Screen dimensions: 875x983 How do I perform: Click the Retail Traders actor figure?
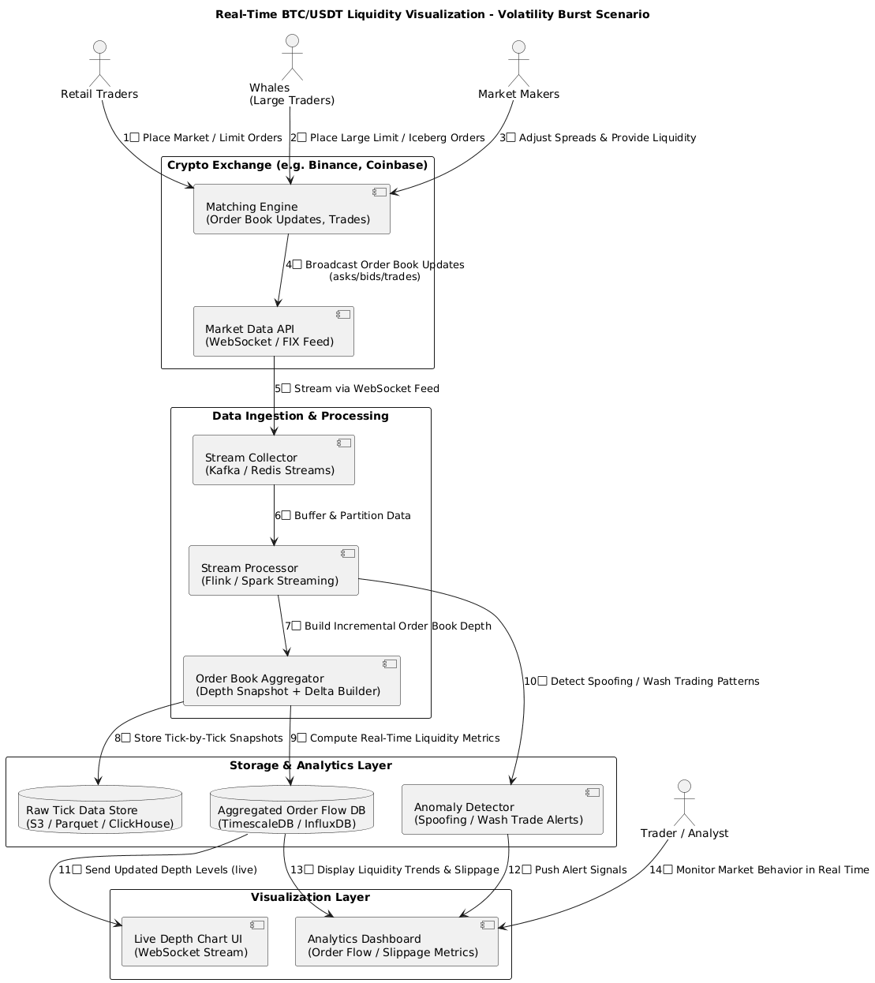99,62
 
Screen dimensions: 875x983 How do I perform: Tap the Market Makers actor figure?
518,62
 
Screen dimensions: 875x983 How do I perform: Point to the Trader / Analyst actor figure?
684,802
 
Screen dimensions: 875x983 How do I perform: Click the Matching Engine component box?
291,209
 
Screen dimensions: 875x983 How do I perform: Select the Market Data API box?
273,331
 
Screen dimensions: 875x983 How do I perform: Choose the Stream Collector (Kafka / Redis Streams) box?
273,460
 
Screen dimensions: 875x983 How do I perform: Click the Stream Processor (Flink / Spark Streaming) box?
273,570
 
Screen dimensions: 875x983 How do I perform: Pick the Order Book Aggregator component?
291,681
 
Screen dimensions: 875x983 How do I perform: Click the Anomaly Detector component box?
502,809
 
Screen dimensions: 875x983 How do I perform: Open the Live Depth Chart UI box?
194,941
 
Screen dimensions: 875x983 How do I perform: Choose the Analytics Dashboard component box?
396,941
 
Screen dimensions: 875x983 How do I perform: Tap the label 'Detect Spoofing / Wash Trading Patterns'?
648,681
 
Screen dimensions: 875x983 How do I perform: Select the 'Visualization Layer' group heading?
310,897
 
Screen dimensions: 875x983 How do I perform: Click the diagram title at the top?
432,14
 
